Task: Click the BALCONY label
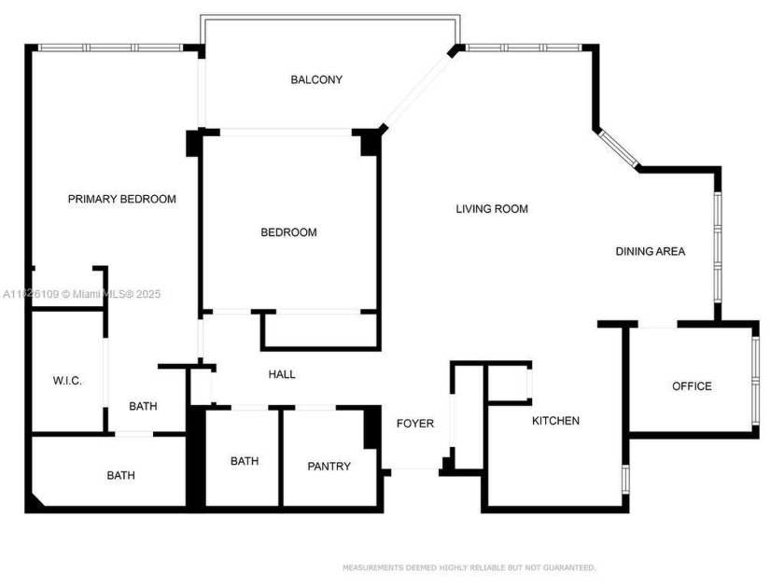316,80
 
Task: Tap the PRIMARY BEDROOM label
121,199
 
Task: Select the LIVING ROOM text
492,209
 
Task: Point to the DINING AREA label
651,251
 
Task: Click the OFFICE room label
693,386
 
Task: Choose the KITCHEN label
555,421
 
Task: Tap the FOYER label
414,424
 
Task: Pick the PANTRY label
329,466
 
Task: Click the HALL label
282,374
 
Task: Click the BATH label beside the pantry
245,461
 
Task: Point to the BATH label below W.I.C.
120,475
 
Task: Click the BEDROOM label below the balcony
288,232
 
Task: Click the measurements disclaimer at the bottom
469,567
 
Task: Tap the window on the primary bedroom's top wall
110,47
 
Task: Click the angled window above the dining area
618,147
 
